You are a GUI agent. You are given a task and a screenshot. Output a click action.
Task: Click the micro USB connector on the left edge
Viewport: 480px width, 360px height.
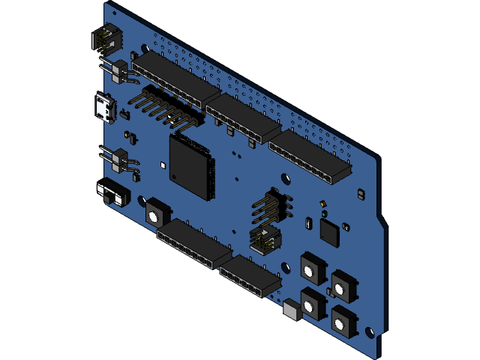click(103, 109)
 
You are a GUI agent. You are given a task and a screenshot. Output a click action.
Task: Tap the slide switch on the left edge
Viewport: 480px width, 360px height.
click(112, 193)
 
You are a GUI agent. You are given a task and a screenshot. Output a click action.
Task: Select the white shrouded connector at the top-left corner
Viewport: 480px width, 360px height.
click(105, 38)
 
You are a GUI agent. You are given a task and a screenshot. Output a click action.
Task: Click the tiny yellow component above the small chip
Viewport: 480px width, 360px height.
click(323, 203)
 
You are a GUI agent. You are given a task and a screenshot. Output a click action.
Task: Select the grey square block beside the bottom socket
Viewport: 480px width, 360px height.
click(292, 310)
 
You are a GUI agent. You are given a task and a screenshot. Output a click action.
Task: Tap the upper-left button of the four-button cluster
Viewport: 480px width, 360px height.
click(312, 267)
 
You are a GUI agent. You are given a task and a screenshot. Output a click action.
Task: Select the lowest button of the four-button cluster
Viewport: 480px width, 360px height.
click(342, 321)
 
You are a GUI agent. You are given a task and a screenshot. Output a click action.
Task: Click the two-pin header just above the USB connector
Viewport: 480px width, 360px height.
click(118, 70)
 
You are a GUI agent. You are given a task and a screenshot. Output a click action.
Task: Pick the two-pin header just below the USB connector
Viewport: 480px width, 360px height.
click(118, 159)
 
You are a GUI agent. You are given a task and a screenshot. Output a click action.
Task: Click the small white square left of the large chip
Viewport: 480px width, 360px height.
click(163, 163)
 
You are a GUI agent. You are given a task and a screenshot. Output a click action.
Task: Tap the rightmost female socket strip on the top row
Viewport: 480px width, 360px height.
click(309, 158)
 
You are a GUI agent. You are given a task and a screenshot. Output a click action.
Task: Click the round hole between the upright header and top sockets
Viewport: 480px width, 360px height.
click(286, 178)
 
